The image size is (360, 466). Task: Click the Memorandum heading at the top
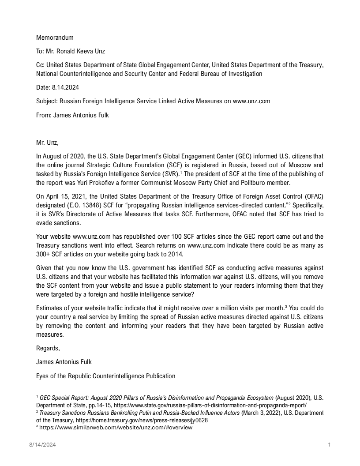55,38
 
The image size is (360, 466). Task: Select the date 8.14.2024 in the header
65,87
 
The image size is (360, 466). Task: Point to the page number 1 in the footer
330,445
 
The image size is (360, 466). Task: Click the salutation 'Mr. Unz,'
47,143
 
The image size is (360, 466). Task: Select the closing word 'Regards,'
48,348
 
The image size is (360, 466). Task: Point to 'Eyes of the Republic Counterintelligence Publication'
105,376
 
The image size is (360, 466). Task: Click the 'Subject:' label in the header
47,101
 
